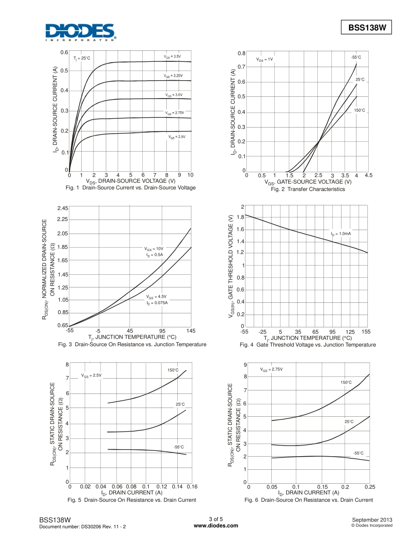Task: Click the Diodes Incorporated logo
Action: [80, 32]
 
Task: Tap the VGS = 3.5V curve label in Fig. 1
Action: [173, 57]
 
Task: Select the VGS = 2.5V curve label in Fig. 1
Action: [177, 137]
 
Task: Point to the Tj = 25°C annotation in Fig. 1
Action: [82, 58]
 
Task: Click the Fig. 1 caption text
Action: [130, 188]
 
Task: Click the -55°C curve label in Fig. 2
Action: [356, 57]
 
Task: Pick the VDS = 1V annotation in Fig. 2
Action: [265, 59]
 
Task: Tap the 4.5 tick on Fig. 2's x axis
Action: [368, 175]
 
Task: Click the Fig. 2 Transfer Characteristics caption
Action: [308, 189]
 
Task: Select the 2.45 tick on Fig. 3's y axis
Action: [62, 208]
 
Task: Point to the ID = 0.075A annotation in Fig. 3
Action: [157, 303]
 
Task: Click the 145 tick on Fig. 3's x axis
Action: [191, 331]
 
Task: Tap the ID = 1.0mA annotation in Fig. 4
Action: [341, 234]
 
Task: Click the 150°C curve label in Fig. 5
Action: [173, 370]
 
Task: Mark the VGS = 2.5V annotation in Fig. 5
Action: [91, 376]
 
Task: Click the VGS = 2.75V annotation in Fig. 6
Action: [271, 369]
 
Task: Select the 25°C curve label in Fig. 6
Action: [349, 422]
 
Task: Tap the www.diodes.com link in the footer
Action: [216, 525]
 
